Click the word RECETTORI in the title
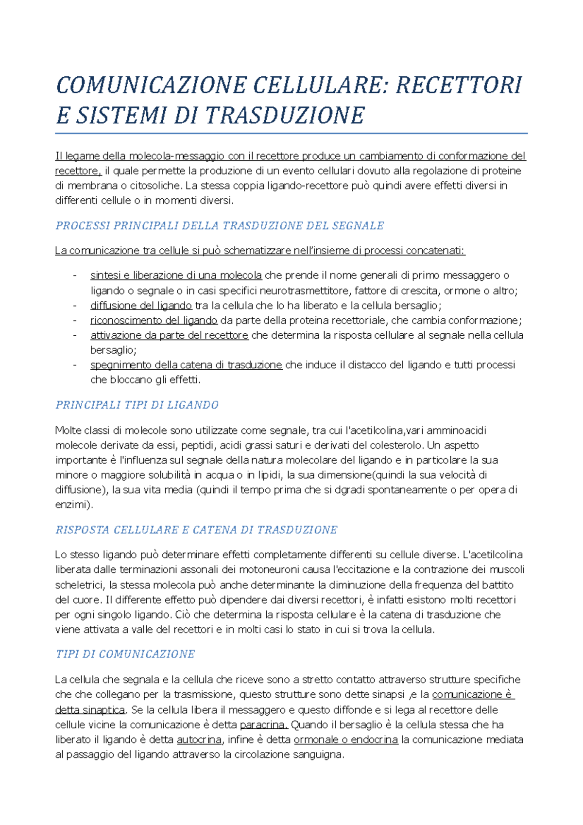click(459, 86)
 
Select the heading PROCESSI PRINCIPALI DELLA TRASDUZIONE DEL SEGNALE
click(220, 226)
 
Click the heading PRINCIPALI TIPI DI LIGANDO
click(137, 405)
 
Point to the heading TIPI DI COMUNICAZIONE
click(125, 654)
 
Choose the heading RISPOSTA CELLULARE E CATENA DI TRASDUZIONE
click(196, 530)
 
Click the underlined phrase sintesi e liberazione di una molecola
click(176, 275)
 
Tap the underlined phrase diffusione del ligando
click(141, 306)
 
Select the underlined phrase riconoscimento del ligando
click(154, 321)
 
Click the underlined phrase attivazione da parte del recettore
click(169, 335)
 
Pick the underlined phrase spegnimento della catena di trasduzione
click(186, 365)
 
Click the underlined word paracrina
click(264, 725)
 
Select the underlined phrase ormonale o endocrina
click(346, 740)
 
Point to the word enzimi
click(72, 505)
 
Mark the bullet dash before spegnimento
click(75, 365)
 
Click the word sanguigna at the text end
click(319, 755)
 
